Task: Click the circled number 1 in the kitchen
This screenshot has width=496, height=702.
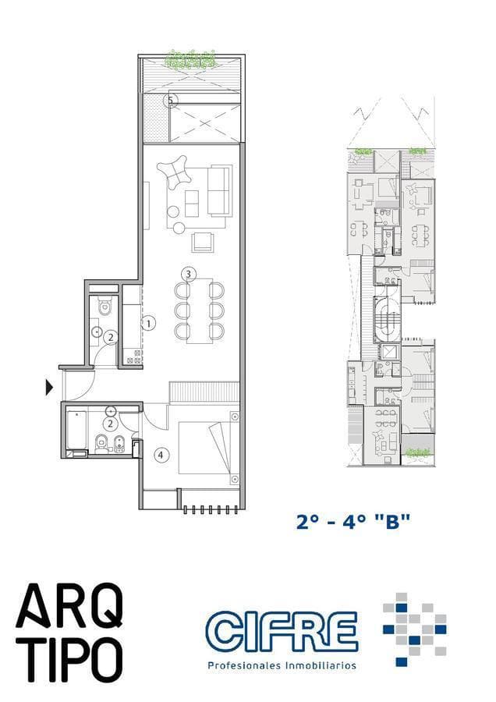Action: (x=148, y=321)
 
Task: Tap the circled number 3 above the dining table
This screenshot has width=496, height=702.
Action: (x=187, y=274)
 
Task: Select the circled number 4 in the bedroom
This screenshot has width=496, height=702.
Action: (x=161, y=454)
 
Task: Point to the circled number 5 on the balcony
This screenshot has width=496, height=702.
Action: (x=172, y=100)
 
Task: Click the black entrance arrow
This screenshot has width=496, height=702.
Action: (x=50, y=386)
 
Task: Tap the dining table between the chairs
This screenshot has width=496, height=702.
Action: (x=198, y=310)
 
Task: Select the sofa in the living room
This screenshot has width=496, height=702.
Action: (x=219, y=190)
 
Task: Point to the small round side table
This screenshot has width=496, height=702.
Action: (x=179, y=228)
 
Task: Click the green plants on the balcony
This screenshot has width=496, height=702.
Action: (x=190, y=58)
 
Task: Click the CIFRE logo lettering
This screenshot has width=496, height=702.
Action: (x=281, y=632)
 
